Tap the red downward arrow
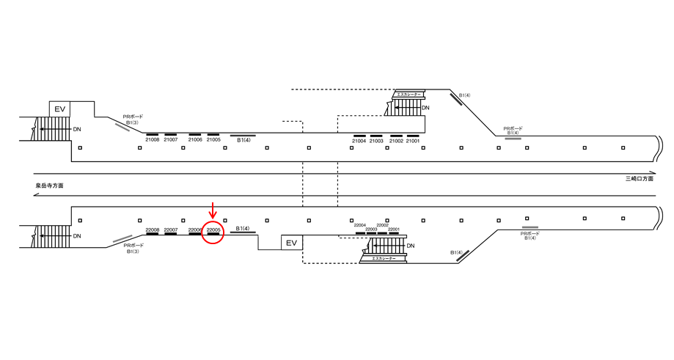point(213,210)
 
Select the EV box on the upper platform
point(60,109)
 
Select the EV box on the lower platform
point(291,243)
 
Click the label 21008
point(153,140)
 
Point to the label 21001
point(413,141)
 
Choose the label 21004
point(359,141)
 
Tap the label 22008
point(153,230)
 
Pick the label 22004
point(360,226)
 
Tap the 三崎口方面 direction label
point(639,179)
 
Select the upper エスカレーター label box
point(409,95)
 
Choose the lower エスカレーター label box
point(384,259)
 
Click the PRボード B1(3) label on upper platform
point(132,120)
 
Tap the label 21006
point(195,140)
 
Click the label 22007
point(171,230)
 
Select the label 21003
point(376,141)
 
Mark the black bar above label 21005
point(213,135)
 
